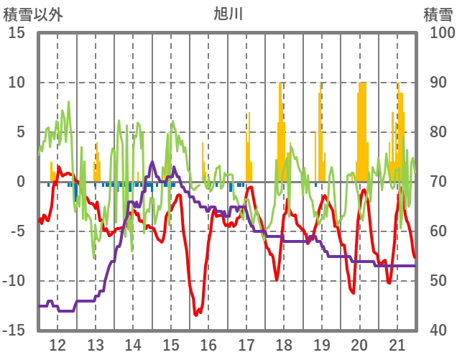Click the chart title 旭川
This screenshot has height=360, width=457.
click(x=228, y=13)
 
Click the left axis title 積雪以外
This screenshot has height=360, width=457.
click(x=33, y=14)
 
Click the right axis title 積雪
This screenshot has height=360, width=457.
click(x=438, y=14)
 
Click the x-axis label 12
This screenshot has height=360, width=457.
click(x=57, y=343)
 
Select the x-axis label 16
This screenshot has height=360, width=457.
click(x=208, y=343)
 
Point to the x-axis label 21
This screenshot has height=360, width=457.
click(x=397, y=343)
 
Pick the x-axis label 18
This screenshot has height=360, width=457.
click(x=284, y=343)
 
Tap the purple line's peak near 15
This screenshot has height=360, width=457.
click(x=152, y=162)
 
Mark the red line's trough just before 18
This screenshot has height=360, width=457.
click(x=277, y=280)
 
